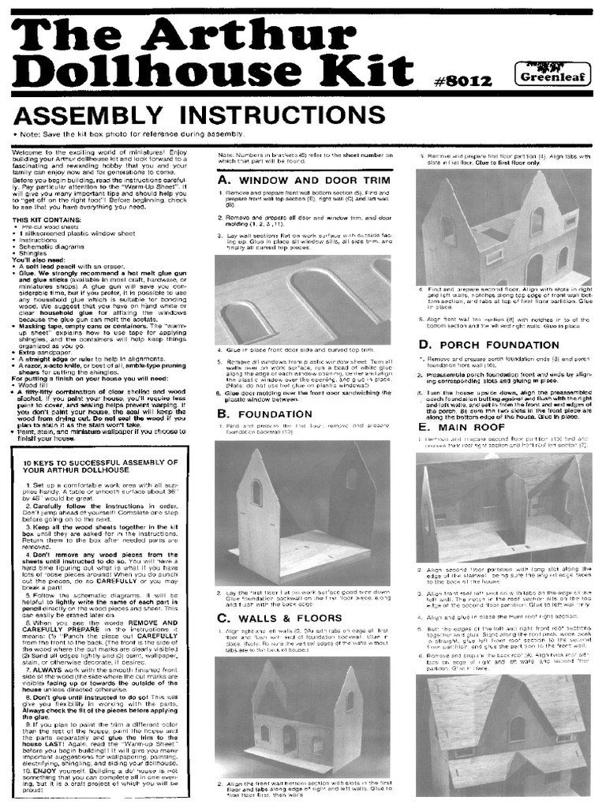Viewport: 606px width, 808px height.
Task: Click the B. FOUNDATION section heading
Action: (x=261, y=413)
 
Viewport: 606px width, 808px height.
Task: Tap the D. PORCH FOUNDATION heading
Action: (x=483, y=344)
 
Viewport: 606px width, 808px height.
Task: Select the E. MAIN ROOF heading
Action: (x=458, y=427)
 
